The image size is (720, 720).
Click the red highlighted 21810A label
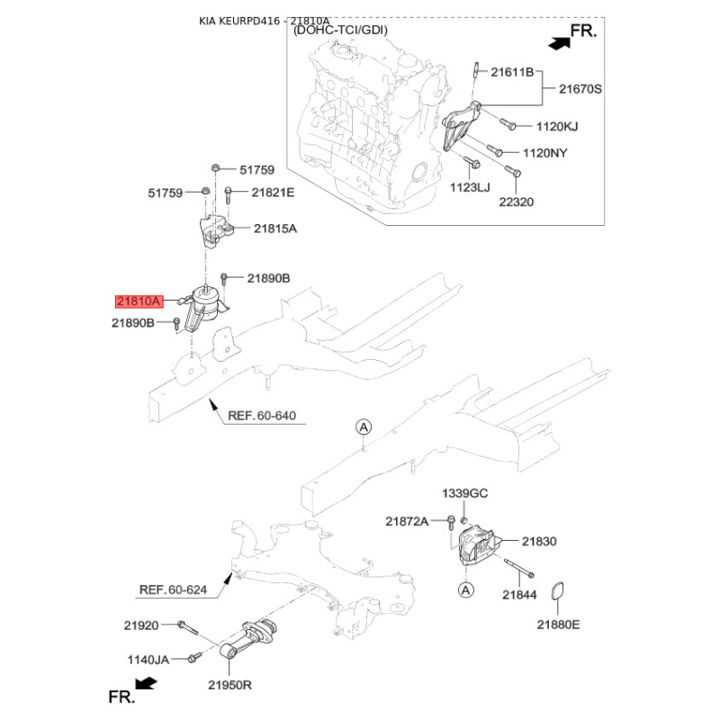139,301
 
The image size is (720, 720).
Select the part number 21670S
580,88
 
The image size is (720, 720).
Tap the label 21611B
512,72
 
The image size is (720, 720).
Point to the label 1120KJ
557,126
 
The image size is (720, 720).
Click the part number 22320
516,202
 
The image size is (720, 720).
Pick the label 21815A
275,229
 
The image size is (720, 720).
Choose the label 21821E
273,193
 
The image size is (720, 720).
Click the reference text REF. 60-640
262,416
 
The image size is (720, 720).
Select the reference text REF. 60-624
173,589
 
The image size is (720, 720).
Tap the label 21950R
229,685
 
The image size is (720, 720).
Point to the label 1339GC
464,493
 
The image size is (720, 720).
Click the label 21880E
558,625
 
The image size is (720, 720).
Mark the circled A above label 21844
465,589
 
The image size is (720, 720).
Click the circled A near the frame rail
364,427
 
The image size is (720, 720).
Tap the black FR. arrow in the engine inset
559,43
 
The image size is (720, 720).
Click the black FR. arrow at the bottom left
147,684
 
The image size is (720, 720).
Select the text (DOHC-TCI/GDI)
340,31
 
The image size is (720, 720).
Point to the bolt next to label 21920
187,626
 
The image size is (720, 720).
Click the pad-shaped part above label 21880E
557,591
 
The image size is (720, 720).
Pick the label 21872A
407,521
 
